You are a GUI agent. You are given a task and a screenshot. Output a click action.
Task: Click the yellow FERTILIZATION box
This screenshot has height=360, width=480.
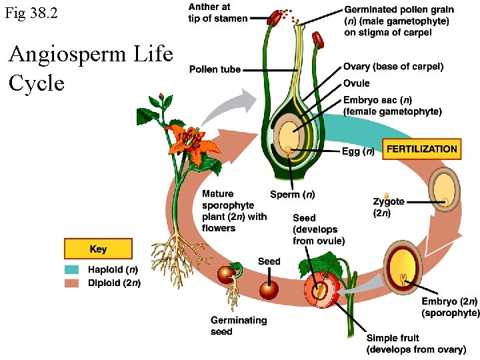click(x=421, y=149)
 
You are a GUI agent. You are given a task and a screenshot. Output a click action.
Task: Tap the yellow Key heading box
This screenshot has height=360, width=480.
click(x=98, y=249)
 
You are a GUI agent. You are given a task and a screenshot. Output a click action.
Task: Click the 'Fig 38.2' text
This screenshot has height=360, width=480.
click(x=31, y=13)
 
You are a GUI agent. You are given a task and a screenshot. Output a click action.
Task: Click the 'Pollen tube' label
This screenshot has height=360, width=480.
click(x=215, y=69)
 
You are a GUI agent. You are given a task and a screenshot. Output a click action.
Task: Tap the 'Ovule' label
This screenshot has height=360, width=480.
click(x=356, y=83)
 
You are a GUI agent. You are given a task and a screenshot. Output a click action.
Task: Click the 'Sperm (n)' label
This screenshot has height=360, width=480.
click(x=293, y=195)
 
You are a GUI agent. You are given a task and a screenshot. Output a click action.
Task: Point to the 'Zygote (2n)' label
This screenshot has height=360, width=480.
click(x=388, y=207)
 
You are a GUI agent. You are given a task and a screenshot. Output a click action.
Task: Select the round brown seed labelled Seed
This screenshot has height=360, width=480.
click(x=269, y=289)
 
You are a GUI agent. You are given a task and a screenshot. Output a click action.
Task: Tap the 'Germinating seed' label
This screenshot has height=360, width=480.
click(x=239, y=325)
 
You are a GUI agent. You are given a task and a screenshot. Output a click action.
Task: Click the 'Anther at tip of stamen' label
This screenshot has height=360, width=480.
click(x=217, y=13)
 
